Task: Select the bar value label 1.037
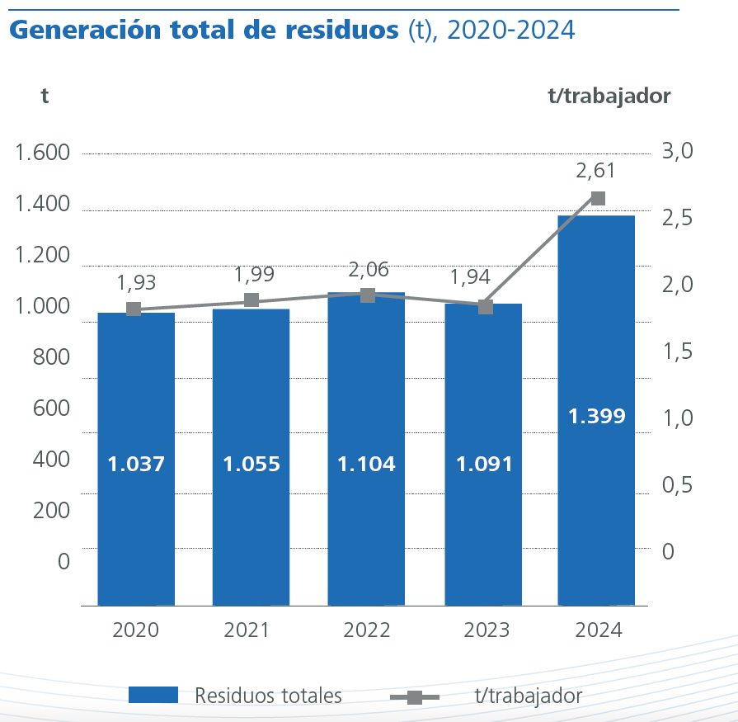[x=136, y=464]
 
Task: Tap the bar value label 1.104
[x=366, y=464]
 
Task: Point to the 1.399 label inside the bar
[x=597, y=416]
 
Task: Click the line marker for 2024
[x=599, y=198]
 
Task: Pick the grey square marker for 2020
[x=134, y=309]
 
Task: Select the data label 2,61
[x=596, y=171]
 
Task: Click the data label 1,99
[x=254, y=274]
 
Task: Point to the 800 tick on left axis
[x=51, y=358]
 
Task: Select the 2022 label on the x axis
[x=367, y=630]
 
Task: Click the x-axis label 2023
[x=487, y=630]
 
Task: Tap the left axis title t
[x=45, y=96]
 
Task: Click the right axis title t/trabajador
[x=609, y=96]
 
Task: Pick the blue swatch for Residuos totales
[x=153, y=695]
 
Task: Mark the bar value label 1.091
[x=484, y=464]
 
